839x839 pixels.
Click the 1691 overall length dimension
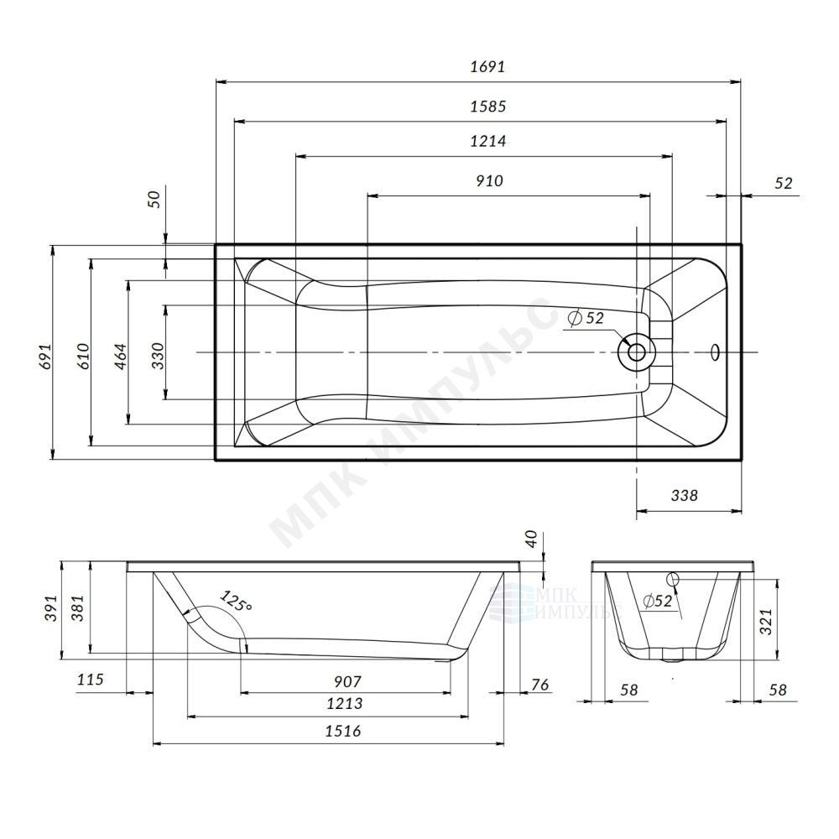tap(487, 67)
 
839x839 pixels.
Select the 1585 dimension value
tap(488, 107)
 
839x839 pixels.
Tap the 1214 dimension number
tap(488, 141)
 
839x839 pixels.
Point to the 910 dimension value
tap(490, 181)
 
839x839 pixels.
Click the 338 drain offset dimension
tap(685, 496)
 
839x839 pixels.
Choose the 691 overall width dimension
tap(45, 357)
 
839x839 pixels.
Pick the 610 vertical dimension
tap(83, 357)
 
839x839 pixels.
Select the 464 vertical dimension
tap(121, 357)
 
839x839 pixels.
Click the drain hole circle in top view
tap(636, 352)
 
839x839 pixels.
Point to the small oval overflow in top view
tap(716, 352)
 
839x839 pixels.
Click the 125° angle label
tap(236, 601)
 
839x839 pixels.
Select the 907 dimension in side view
tap(347, 681)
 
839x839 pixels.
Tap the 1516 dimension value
tap(343, 731)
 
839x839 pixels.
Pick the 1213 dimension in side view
tap(345, 704)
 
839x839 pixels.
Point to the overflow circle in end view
tap(673, 578)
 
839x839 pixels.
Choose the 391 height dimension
tap(50, 608)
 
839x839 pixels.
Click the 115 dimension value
tap(90, 680)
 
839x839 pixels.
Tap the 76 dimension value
tap(540, 685)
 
